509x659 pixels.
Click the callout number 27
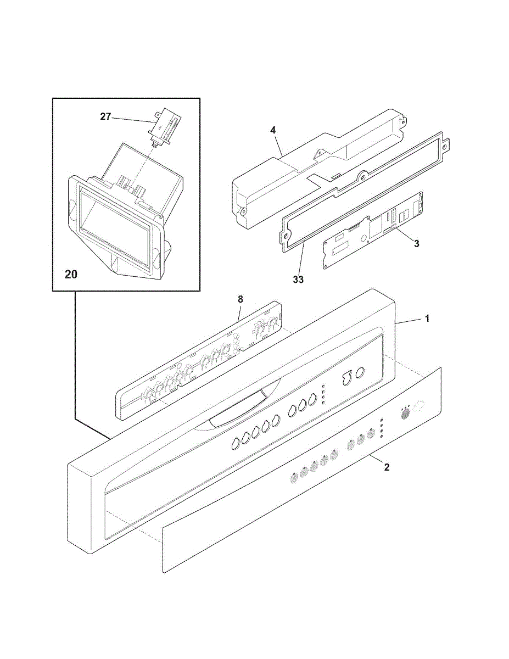click(x=105, y=116)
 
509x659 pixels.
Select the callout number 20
click(x=71, y=274)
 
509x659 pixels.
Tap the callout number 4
click(x=273, y=130)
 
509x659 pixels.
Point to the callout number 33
click(x=298, y=279)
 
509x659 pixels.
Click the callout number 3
click(x=417, y=243)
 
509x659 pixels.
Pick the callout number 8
click(x=239, y=299)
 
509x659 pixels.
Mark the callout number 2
click(x=387, y=467)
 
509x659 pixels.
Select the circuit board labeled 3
click(x=373, y=231)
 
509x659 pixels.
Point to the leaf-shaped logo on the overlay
click(x=420, y=406)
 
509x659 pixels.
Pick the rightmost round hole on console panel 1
click(x=360, y=373)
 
